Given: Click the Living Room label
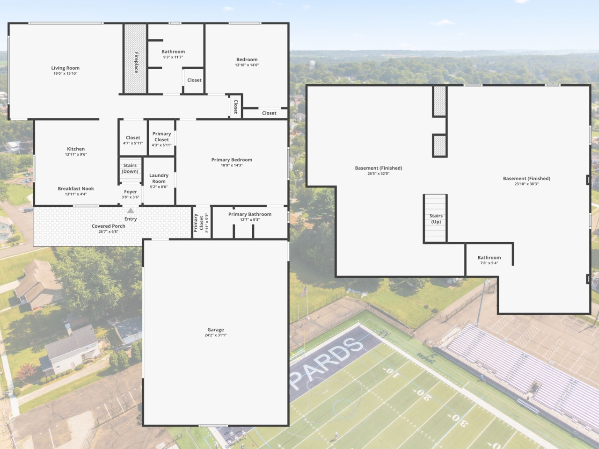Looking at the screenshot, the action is click(x=66, y=68).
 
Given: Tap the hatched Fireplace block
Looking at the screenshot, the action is click(x=136, y=58).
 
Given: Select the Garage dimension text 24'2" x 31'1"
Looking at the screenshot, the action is click(x=216, y=335).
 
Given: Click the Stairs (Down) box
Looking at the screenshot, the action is click(x=130, y=170).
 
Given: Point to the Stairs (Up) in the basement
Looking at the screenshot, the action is click(x=435, y=218).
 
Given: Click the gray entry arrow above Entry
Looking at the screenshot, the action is click(x=131, y=211).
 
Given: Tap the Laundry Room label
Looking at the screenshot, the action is click(x=159, y=178).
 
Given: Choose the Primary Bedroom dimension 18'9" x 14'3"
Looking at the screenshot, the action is click(x=232, y=165).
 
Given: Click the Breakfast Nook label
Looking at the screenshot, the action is click(x=76, y=188).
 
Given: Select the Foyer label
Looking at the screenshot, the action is click(x=131, y=192).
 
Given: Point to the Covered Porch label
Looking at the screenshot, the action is click(x=109, y=226).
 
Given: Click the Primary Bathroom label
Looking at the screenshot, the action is click(x=250, y=214).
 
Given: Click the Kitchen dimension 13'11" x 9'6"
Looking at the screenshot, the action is click(x=76, y=154).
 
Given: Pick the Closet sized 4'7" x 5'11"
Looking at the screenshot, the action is click(x=133, y=138).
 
